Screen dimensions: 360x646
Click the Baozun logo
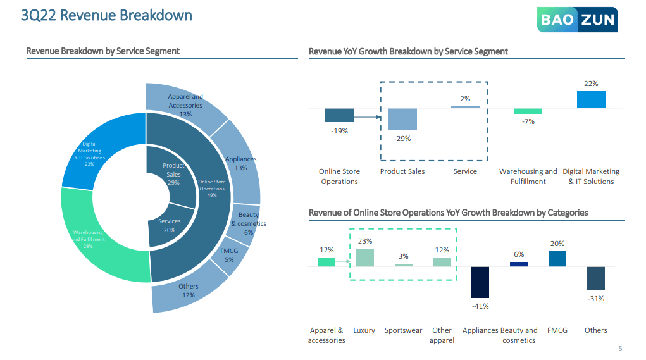point(577,20)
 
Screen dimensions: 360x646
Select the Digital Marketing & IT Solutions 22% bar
point(591,99)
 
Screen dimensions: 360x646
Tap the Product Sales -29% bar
point(402,119)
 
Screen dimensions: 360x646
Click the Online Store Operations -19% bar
point(339,115)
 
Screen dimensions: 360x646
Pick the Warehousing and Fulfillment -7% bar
point(528,111)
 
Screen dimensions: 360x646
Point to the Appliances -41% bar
point(480,282)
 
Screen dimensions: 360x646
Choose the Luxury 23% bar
point(364,258)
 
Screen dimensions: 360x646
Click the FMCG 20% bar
point(557,259)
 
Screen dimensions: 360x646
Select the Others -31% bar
point(595,278)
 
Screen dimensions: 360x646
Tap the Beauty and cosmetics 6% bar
point(519,264)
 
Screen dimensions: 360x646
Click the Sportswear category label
point(403,330)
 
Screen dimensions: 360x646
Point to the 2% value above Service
point(465,99)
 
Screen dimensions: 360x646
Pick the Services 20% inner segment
point(168,227)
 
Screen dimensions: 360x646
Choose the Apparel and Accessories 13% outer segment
point(185,101)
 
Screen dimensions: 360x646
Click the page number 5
point(620,348)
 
